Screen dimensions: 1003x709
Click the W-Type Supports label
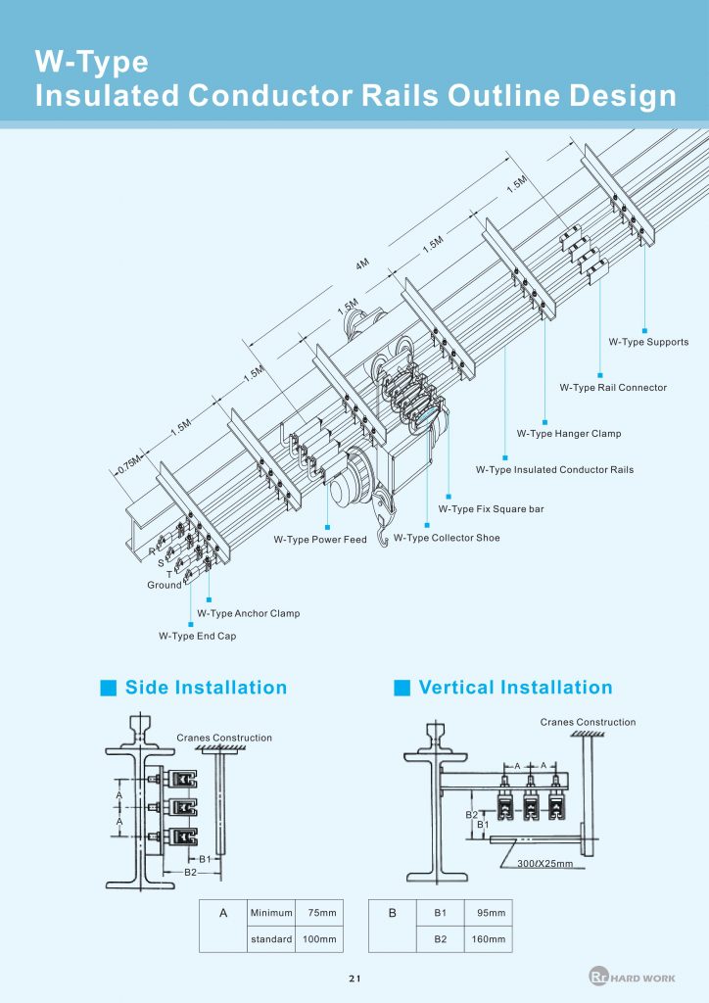point(648,342)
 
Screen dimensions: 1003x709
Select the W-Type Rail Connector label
point(613,388)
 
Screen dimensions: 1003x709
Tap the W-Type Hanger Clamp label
point(569,433)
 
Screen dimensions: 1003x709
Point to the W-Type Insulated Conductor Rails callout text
point(554,470)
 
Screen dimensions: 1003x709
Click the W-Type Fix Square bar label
point(491,508)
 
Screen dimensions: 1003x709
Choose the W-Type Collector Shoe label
point(447,538)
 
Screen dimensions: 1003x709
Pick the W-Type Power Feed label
point(320,540)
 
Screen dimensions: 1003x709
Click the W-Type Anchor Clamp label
point(248,613)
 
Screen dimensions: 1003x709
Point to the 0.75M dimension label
point(127,463)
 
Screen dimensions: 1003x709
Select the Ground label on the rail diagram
point(165,585)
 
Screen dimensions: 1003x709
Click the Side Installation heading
point(206,688)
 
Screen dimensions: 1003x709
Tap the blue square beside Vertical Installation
point(402,688)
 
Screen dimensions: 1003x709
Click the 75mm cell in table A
point(322,913)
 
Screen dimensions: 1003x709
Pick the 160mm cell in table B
point(491,939)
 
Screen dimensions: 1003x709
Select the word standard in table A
point(271,939)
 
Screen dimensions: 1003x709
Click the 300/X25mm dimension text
point(544,864)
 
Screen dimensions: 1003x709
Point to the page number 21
point(354,979)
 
